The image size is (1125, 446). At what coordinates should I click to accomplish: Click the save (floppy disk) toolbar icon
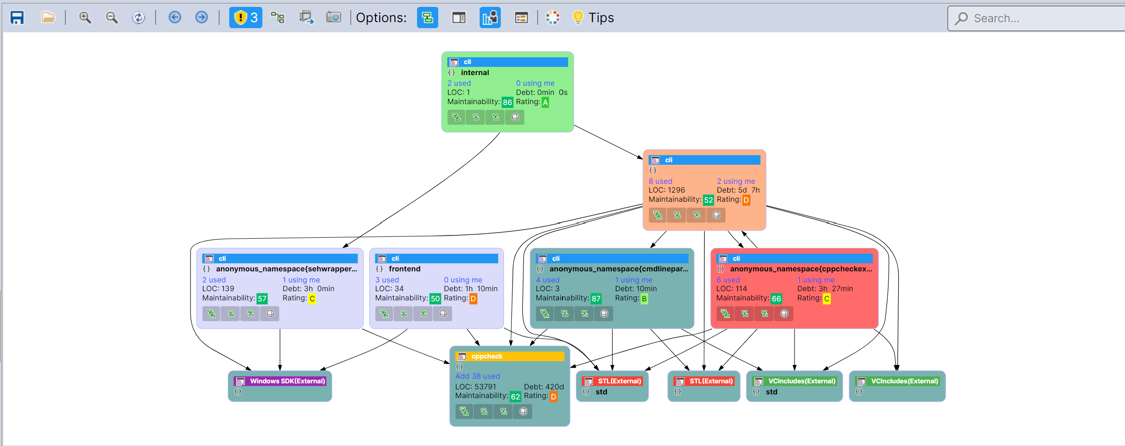pos(17,18)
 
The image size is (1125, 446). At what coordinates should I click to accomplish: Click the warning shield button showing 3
pos(245,18)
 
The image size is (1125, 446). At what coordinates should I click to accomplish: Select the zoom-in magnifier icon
pos(85,18)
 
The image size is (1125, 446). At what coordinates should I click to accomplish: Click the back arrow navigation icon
pos(174,18)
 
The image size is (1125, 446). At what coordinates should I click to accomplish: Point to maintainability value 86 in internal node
pos(507,102)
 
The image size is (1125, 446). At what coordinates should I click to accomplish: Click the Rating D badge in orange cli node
pos(746,200)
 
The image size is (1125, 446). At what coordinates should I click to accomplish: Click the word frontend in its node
pos(404,269)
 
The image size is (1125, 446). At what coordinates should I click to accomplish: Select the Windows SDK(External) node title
pos(287,381)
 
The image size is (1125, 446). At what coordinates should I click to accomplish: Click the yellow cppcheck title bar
pos(510,356)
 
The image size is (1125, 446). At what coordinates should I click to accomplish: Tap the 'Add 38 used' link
pos(477,376)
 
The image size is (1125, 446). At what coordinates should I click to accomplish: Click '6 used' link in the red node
pos(728,280)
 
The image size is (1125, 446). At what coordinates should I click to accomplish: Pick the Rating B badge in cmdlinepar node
pos(644,299)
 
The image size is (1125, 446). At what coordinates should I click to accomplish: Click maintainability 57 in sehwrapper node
pos(262,299)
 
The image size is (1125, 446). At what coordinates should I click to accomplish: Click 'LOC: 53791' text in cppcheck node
pos(476,387)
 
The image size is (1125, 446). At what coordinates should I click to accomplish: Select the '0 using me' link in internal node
pos(535,83)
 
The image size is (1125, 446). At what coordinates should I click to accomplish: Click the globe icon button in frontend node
pos(443,314)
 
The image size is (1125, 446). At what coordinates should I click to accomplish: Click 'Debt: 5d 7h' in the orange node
pos(738,190)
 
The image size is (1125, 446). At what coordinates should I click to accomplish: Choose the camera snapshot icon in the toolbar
pos(333,18)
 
